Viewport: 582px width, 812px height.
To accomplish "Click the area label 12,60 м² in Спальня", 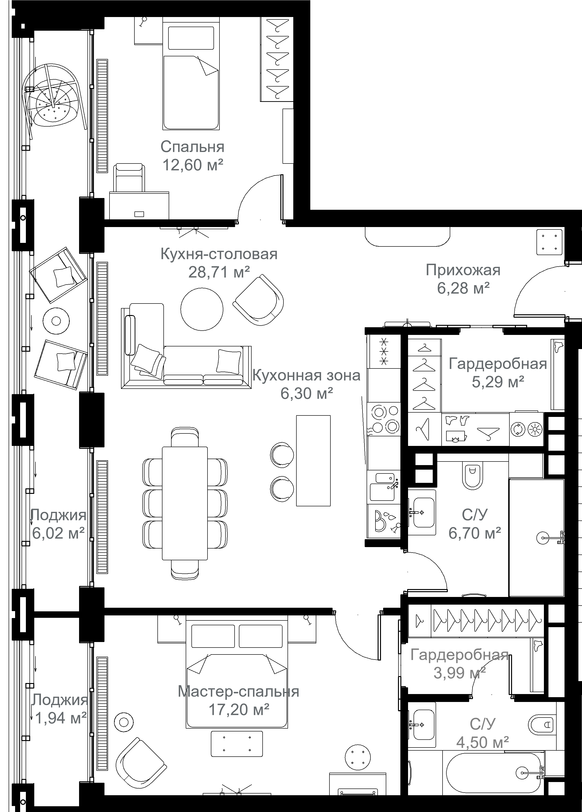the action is point(193,165).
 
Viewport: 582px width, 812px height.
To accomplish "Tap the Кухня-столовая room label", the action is point(219,254).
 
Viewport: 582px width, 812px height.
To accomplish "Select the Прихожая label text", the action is point(463,270).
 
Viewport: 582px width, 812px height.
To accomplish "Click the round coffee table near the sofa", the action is point(202,309).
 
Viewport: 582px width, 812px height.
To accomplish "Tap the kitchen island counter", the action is point(313,460).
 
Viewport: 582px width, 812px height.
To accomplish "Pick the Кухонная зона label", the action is point(306,375).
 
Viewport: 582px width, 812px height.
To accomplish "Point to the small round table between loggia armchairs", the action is point(56,321).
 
